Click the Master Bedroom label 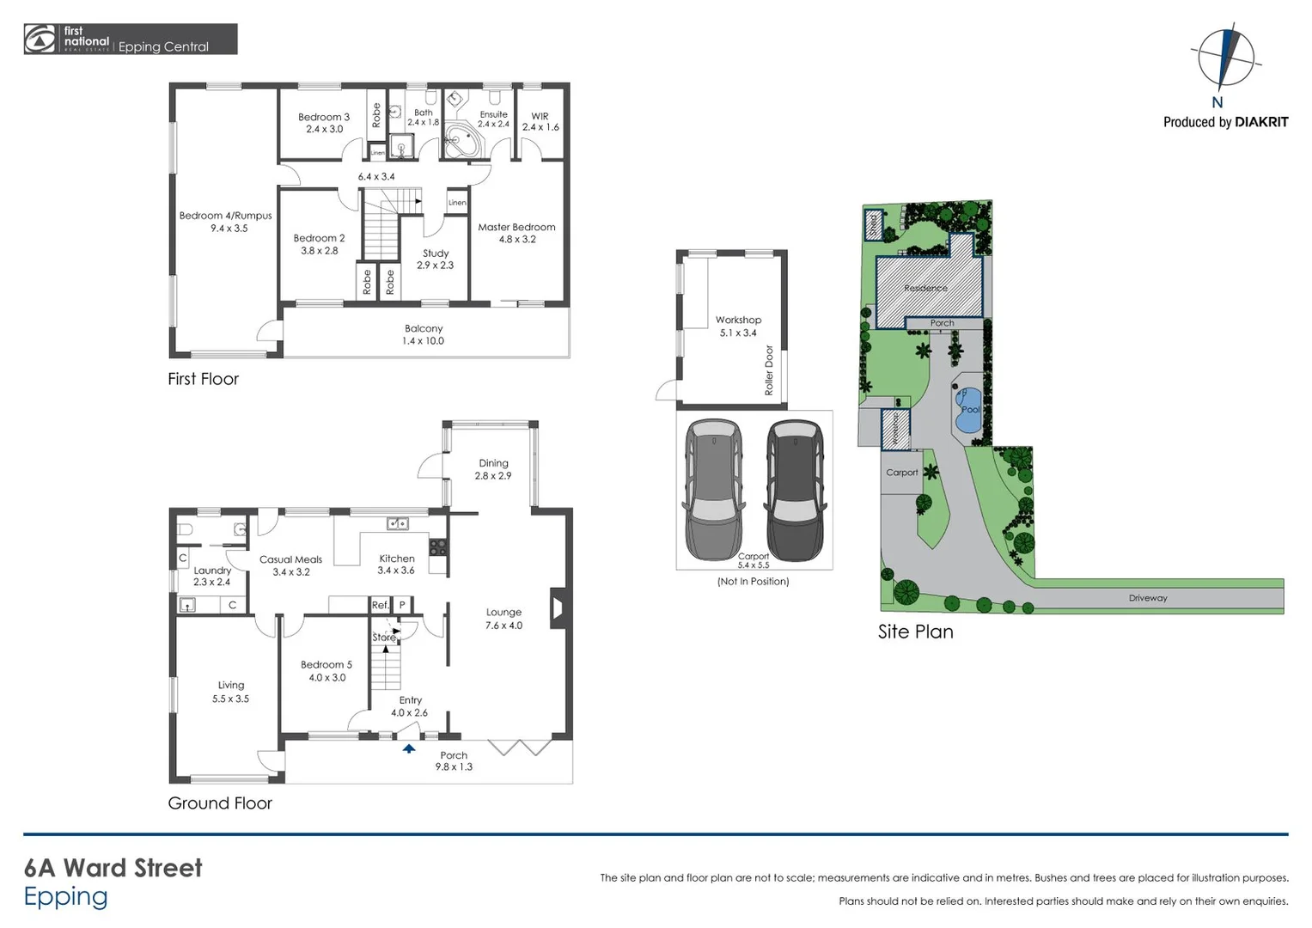516,233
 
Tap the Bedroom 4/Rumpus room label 225,222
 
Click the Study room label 436,259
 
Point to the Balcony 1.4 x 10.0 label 424,334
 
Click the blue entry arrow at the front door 409,748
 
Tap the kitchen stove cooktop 438,546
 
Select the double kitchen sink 397,523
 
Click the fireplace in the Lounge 557,607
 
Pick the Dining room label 493,469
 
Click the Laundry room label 212,576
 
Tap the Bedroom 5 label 326,670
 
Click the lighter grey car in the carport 714,490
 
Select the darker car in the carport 795,490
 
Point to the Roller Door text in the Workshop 769,370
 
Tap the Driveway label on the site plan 1148,598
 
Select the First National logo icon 40,40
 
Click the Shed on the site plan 874,225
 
